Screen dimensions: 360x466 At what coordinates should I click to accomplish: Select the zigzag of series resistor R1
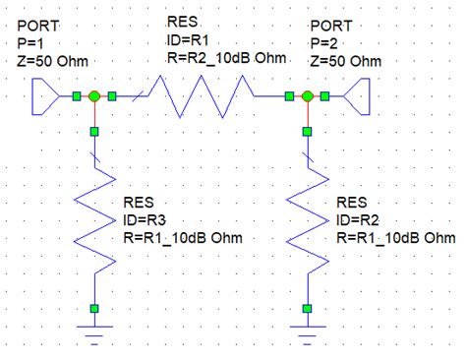[201, 96]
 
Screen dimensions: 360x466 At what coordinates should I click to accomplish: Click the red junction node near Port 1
[93, 96]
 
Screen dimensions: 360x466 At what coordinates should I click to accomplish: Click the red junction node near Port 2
[307, 96]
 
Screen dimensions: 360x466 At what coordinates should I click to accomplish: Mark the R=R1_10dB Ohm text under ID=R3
[182, 238]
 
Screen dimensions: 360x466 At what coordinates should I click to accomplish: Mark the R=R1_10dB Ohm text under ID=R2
[396, 238]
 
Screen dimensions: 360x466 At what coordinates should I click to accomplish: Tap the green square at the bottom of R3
[93, 309]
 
